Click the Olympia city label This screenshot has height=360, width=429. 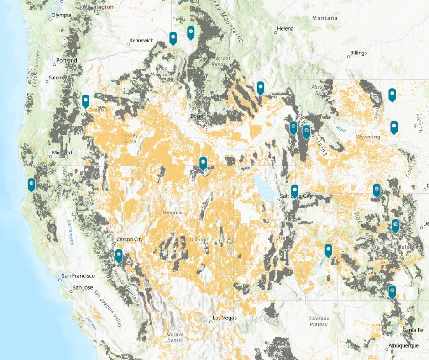click(x=61, y=15)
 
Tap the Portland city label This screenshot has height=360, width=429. click(x=66, y=60)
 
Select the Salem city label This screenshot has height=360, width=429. click(x=57, y=78)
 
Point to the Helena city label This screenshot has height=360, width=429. click(x=285, y=28)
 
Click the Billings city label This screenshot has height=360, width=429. click(x=358, y=53)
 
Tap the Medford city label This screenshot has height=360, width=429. click(x=62, y=152)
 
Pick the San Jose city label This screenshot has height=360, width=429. click(x=83, y=288)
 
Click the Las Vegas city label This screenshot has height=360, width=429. click(x=225, y=318)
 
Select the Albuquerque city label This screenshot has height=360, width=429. click(x=403, y=346)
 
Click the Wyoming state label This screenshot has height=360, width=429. click(x=368, y=137)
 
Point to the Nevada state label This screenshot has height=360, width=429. click(x=173, y=212)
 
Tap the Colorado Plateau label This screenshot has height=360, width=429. click(x=318, y=321)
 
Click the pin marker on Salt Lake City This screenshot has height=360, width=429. click(x=295, y=191)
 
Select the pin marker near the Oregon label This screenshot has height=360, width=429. click(x=85, y=101)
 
